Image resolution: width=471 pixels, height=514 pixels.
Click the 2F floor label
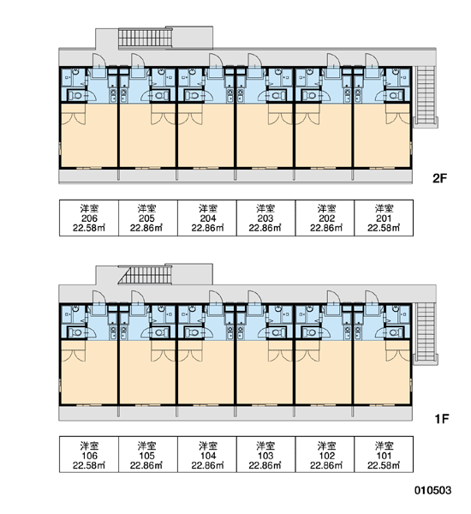(x=439, y=178)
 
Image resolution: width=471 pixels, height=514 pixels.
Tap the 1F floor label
(x=441, y=419)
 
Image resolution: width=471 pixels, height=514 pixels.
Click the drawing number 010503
(x=432, y=490)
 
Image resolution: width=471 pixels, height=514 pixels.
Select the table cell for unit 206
(x=89, y=218)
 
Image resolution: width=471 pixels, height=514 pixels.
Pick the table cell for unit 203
(x=265, y=218)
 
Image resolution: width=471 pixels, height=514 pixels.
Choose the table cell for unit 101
(x=384, y=454)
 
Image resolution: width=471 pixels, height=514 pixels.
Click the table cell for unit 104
(x=207, y=454)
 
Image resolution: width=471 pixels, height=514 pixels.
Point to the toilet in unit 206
(x=76, y=96)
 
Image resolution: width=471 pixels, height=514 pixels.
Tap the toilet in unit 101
(x=393, y=333)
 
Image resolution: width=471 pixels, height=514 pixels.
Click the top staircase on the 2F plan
(x=146, y=38)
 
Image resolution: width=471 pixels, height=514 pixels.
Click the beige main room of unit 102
(x=324, y=373)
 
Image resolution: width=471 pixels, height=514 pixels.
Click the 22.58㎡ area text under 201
(x=384, y=228)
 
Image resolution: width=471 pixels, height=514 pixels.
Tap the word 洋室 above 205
(x=146, y=208)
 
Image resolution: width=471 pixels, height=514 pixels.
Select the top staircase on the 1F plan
(x=146, y=275)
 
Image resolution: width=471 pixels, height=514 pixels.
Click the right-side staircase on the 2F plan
(x=425, y=95)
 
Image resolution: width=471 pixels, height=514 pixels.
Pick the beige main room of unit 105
(x=147, y=373)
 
